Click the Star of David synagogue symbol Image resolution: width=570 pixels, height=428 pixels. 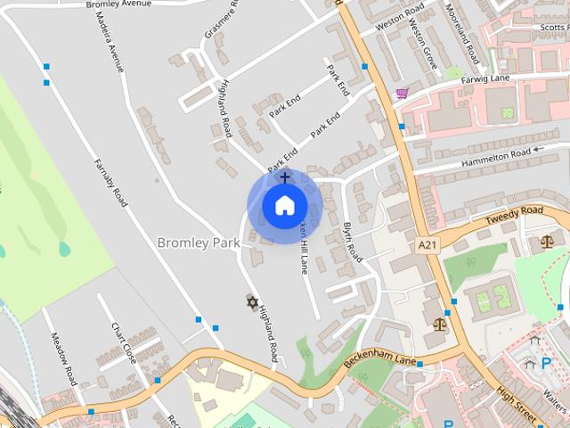click(252, 303)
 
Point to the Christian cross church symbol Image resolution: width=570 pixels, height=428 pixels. click(285, 177)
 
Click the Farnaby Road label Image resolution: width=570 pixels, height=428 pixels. click(110, 182)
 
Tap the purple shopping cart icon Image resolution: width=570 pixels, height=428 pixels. click(403, 93)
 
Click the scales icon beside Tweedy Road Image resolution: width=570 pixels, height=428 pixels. click(546, 241)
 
